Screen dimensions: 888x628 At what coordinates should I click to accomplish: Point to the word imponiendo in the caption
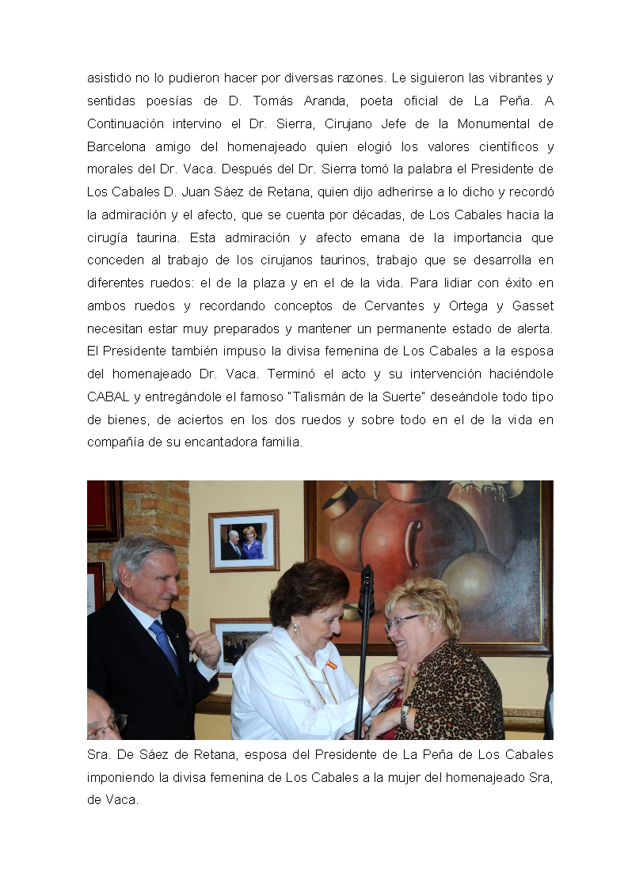(x=120, y=777)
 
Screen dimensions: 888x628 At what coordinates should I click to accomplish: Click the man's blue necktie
(x=165, y=646)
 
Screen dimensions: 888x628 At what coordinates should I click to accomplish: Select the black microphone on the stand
(x=366, y=590)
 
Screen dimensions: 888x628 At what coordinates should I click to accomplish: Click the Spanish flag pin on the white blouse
(x=332, y=665)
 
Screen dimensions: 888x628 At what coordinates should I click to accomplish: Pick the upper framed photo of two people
(x=244, y=541)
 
